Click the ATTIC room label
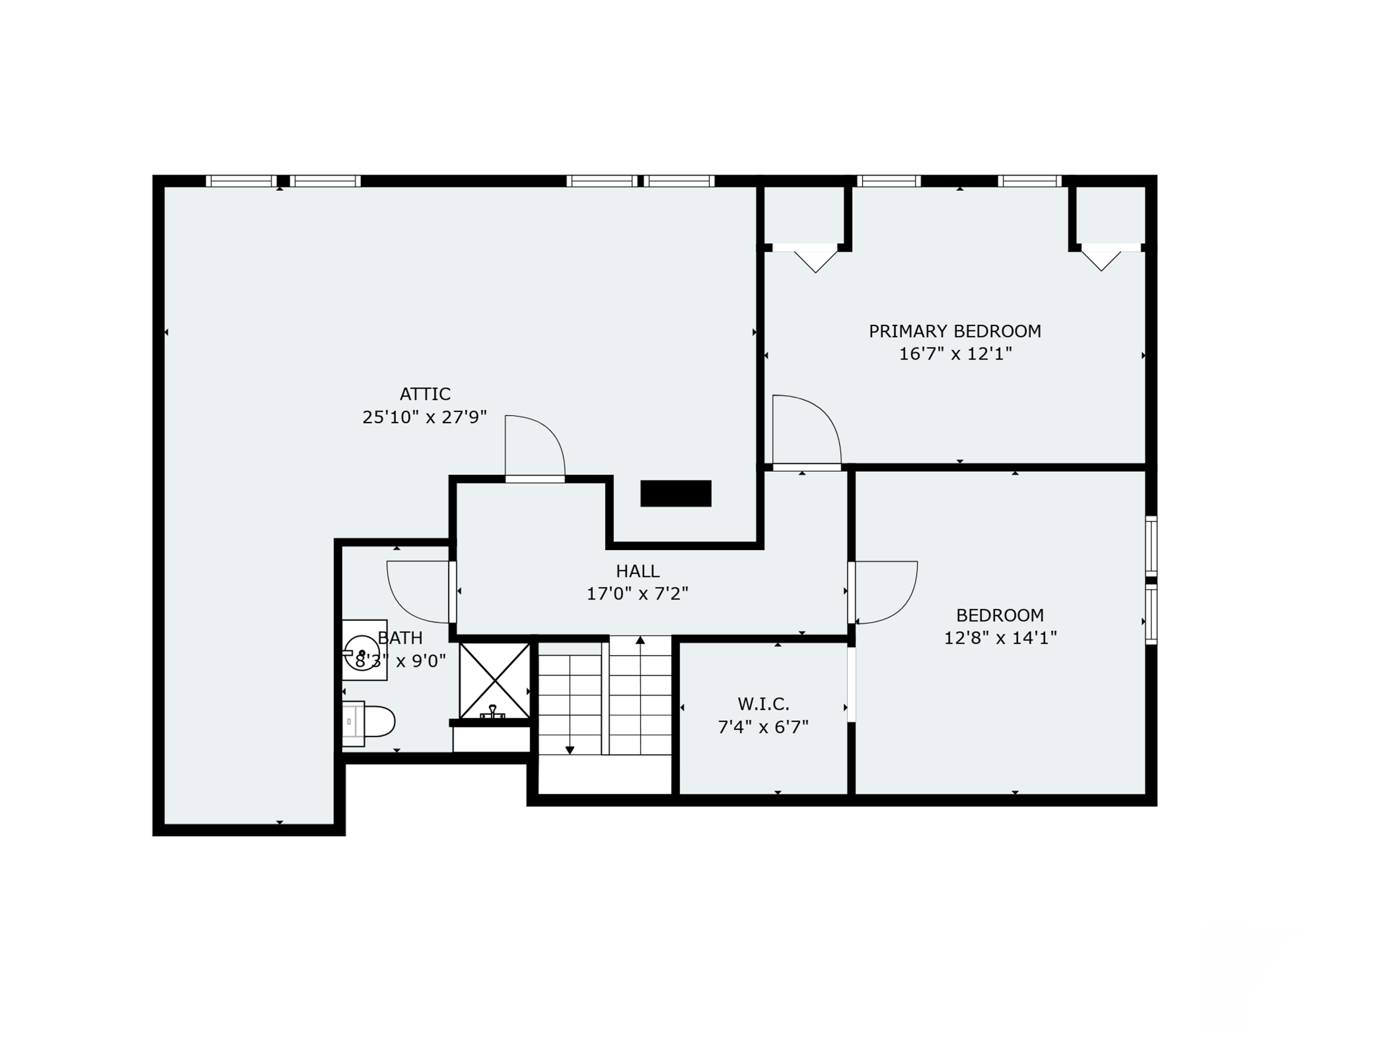coord(425,394)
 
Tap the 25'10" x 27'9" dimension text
coord(424,417)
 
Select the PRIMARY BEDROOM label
coord(955,331)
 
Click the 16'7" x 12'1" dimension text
coord(955,354)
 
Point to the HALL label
coord(637,571)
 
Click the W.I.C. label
coord(763,704)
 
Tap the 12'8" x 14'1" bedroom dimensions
coord(1000,637)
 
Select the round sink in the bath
coord(363,653)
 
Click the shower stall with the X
coord(495,680)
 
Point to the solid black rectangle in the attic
coord(675,493)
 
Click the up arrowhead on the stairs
coord(640,640)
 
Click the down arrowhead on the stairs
coord(569,750)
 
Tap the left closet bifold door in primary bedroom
coord(815,262)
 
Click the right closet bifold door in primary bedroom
coord(1101,261)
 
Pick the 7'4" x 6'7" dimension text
coord(763,727)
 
